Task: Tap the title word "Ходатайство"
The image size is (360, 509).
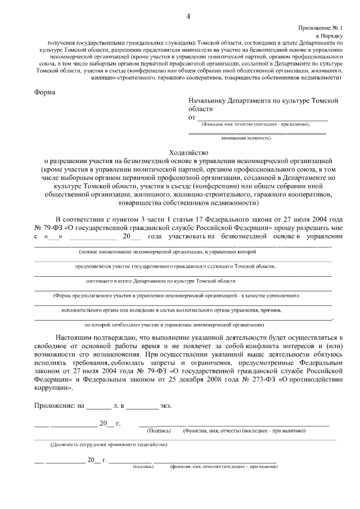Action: coord(188,152)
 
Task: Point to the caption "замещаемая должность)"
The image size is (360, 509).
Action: coord(246,137)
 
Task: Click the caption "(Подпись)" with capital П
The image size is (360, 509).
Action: coord(159,431)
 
